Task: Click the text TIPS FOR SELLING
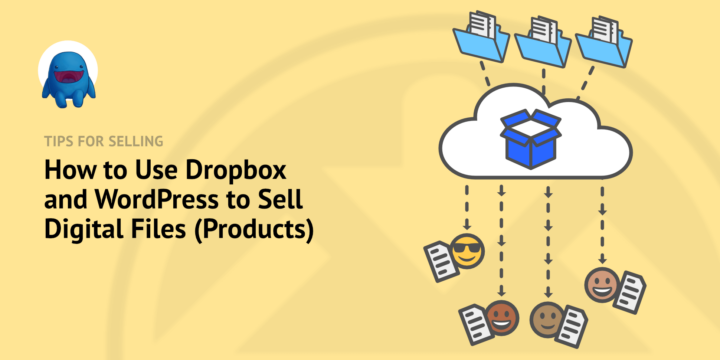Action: click(x=104, y=141)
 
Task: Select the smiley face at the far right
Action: click(x=600, y=285)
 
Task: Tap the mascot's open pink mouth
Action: click(x=69, y=79)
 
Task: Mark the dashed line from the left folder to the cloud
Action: click(x=487, y=74)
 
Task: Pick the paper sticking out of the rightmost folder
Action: click(x=605, y=22)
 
